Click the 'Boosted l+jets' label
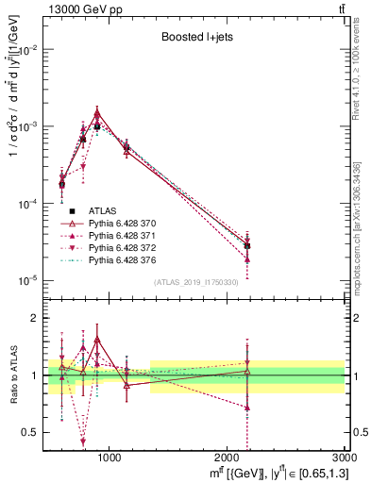tap(195, 39)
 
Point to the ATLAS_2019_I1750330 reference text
tap(195, 283)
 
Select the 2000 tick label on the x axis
tap(228, 458)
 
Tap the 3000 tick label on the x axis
tap(343, 458)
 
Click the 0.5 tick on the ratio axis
tap(34, 432)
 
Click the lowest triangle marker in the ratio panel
tap(83, 441)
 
